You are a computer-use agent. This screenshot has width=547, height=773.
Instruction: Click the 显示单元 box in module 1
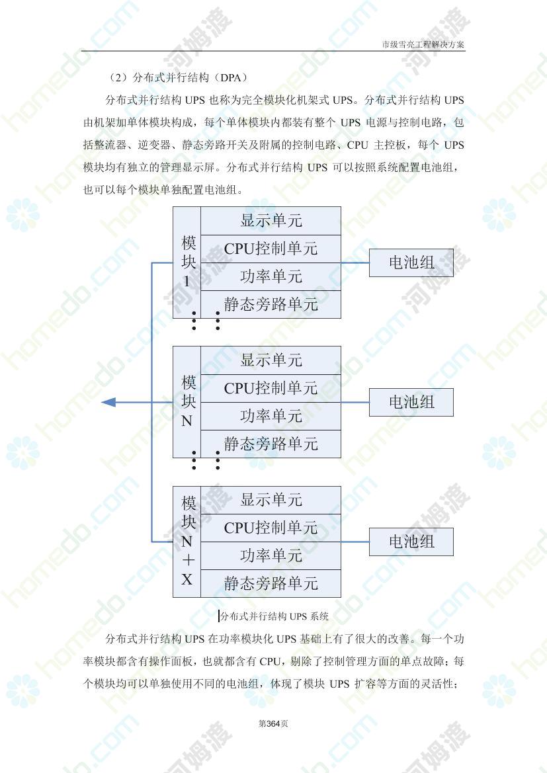click(x=271, y=220)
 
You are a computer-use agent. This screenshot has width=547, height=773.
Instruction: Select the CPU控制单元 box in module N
click(x=271, y=388)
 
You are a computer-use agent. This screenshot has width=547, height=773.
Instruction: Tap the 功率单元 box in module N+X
click(x=271, y=555)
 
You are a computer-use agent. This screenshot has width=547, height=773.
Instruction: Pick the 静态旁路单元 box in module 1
click(x=271, y=304)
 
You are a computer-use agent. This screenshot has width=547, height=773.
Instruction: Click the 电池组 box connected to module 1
click(x=411, y=263)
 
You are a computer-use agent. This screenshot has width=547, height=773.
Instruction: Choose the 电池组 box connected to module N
click(x=411, y=402)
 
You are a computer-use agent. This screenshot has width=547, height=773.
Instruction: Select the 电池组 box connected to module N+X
click(x=411, y=542)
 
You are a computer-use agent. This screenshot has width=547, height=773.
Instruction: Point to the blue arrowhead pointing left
click(x=108, y=402)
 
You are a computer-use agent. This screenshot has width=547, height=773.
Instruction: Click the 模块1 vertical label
click(x=187, y=262)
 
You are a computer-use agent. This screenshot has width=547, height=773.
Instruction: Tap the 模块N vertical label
click(x=187, y=401)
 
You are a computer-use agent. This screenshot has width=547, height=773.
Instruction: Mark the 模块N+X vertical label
click(x=187, y=541)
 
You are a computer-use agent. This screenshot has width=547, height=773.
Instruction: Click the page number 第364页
click(x=273, y=723)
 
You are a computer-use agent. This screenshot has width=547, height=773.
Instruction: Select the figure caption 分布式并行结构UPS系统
click(x=274, y=616)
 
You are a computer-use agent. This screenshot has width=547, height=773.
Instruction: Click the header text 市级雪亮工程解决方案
click(x=423, y=44)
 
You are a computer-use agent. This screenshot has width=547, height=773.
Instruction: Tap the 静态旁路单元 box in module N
click(x=271, y=444)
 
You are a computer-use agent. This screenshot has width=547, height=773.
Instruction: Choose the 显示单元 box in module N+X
click(x=271, y=501)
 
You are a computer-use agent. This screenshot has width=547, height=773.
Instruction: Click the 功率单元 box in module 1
click(x=271, y=276)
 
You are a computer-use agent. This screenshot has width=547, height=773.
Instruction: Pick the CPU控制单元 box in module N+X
click(x=271, y=528)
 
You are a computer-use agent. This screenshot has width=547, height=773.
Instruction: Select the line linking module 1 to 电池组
click(x=355, y=263)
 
